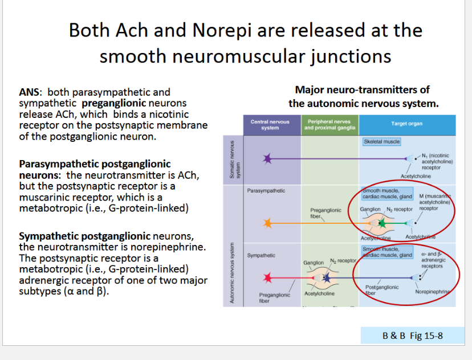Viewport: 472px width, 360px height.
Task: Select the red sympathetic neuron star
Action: pyautogui.click(x=267, y=278)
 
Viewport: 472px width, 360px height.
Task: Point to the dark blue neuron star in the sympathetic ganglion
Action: pyautogui.click(x=326, y=277)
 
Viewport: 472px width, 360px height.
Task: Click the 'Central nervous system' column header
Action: pyautogui.click(x=270, y=124)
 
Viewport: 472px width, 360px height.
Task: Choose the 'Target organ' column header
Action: pyautogui.click(x=406, y=124)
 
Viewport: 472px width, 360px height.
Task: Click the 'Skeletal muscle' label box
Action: pyautogui.click(x=381, y=141)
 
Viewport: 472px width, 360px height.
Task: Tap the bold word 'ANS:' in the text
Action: pyautogui.click(x=29, y=92)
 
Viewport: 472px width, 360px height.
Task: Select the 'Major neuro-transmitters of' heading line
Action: pyautogui.click(x=363, y=89)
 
